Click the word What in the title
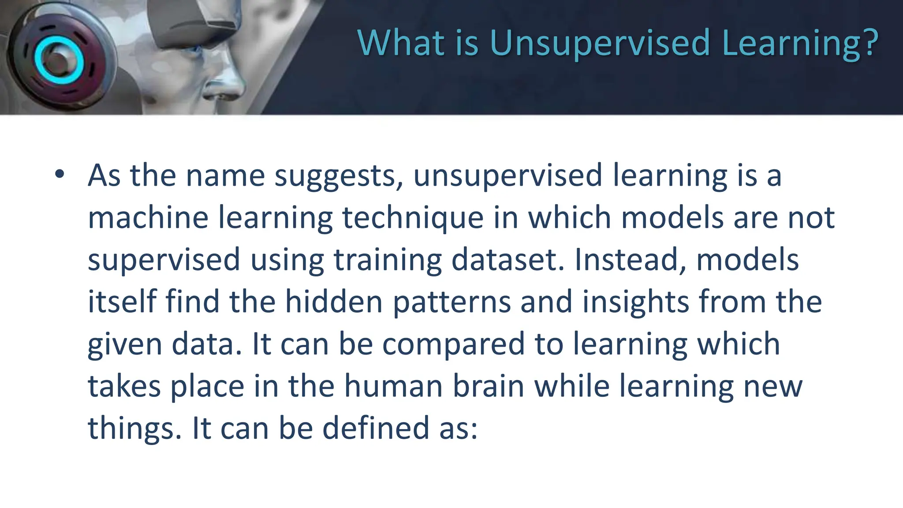(401, 43)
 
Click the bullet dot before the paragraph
(60, 175)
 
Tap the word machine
(148, 218)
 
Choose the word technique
(413, 219)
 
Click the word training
(388, 260)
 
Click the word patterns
(451, 303)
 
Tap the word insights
(635, 303)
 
